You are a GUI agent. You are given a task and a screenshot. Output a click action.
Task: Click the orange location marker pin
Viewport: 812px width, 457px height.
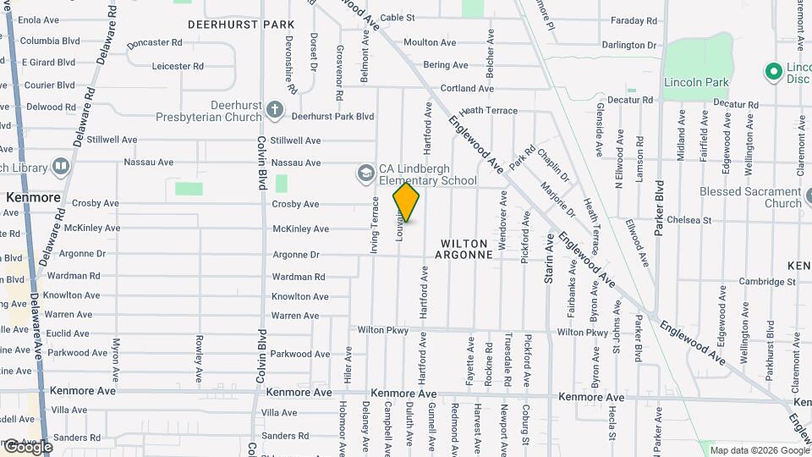tap(407, 202)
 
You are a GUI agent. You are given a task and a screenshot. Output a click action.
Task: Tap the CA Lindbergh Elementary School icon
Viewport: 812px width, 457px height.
tap(365, 173)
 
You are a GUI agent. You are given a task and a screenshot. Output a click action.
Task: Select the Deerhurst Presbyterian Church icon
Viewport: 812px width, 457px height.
tap(273, 109)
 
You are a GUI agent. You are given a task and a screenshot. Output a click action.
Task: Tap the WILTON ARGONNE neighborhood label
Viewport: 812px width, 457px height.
tap(465, 249)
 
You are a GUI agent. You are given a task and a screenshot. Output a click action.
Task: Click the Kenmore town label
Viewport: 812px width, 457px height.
tap(33, 197)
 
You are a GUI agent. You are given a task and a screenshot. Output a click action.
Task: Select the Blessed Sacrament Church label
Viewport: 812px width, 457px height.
tap(750, 197)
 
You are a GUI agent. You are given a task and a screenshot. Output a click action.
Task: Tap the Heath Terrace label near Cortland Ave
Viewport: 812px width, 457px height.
tap(489, 111)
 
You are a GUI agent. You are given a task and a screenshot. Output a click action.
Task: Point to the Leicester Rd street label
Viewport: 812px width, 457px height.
tap(178, 66)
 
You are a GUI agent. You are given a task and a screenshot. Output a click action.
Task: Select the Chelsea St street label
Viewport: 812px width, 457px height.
tap(689, 220)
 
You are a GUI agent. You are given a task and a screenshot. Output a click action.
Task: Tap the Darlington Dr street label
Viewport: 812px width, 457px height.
tap(629, 45)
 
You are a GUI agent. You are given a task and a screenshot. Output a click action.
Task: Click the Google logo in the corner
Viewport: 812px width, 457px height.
tap(27, 447)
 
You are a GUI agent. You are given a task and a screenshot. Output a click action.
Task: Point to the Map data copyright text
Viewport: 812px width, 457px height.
tap(760, 450)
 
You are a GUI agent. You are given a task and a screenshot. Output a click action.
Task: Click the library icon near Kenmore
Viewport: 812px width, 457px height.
tap(61, 167)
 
